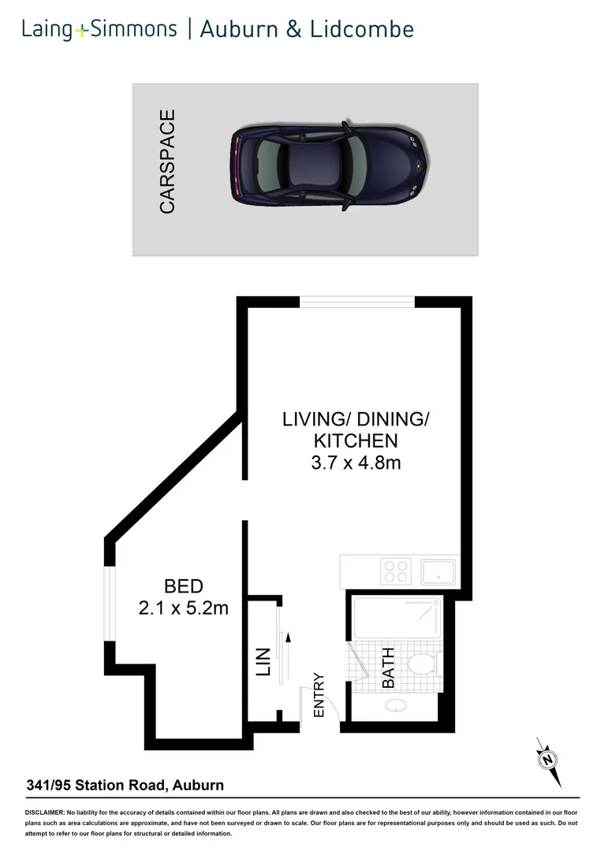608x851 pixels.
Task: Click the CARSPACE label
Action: point(167,162)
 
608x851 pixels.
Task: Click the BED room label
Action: point(183,586)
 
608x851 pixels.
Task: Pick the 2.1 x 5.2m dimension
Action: point(183,608)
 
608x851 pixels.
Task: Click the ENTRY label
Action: point(319,694)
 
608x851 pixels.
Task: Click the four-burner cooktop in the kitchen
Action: point(395,570)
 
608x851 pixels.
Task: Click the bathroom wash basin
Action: point(394,706)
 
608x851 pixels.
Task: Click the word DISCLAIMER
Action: point(44,812)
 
